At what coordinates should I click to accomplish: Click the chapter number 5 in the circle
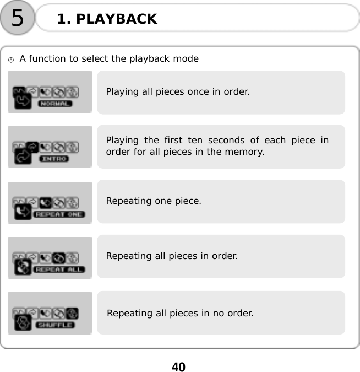(18, 18)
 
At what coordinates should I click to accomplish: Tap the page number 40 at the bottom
(179, 366)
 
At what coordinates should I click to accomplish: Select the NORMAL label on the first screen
(54, 104)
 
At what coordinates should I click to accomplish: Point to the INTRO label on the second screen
(54, 159)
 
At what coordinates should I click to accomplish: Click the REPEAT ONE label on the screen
(59, 214)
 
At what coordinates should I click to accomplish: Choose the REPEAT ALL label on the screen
(59, 269)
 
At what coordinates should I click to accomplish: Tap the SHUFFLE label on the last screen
(55, 325)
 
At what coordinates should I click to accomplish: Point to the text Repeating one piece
(154, 201)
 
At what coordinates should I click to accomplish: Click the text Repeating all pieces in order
(172, 256)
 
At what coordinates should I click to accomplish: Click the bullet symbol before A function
(11, 59)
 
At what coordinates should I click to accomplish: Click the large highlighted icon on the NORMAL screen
(22, 99)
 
